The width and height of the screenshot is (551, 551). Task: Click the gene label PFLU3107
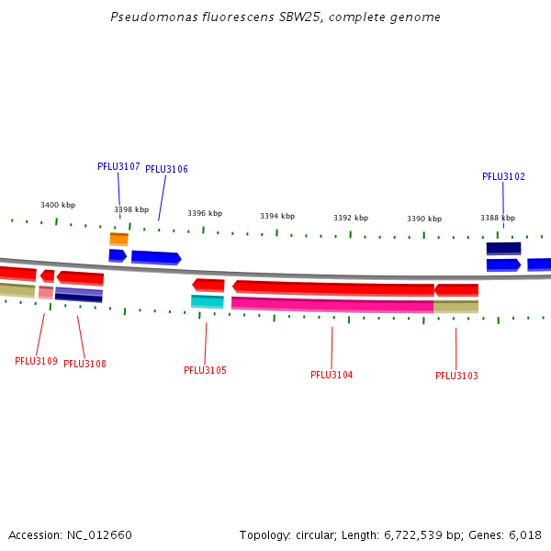(x=118, y=167)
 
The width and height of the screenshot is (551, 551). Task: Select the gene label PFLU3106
(x=166, y=169)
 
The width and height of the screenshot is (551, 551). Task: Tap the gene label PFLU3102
(x=503, y=176)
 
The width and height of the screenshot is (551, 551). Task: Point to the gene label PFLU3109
(x=36, y=361)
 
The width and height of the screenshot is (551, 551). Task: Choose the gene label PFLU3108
(x=84, y=364)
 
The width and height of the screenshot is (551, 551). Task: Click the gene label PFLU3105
(x=205, y=370)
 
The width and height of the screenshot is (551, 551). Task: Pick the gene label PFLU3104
(x=332, y=375)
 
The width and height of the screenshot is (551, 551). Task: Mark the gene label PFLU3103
(x=456, y=376)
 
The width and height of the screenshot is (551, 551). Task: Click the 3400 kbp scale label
(x=58, y=205)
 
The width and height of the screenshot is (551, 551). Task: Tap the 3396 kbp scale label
(x=205, y=213)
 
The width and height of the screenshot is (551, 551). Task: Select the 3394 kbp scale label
(x=277, y=216)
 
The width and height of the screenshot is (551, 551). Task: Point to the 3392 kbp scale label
(x=351, y=218)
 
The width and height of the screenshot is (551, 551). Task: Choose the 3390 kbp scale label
(x=424, y=219)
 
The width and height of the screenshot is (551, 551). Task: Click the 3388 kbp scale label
(x=498, y=218)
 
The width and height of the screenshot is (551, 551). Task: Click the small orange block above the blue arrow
(x=118, y=239)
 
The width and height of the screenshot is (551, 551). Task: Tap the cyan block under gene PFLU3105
(x=207, y=301)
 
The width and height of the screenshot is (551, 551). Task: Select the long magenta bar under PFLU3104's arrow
(x=332, y=304)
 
